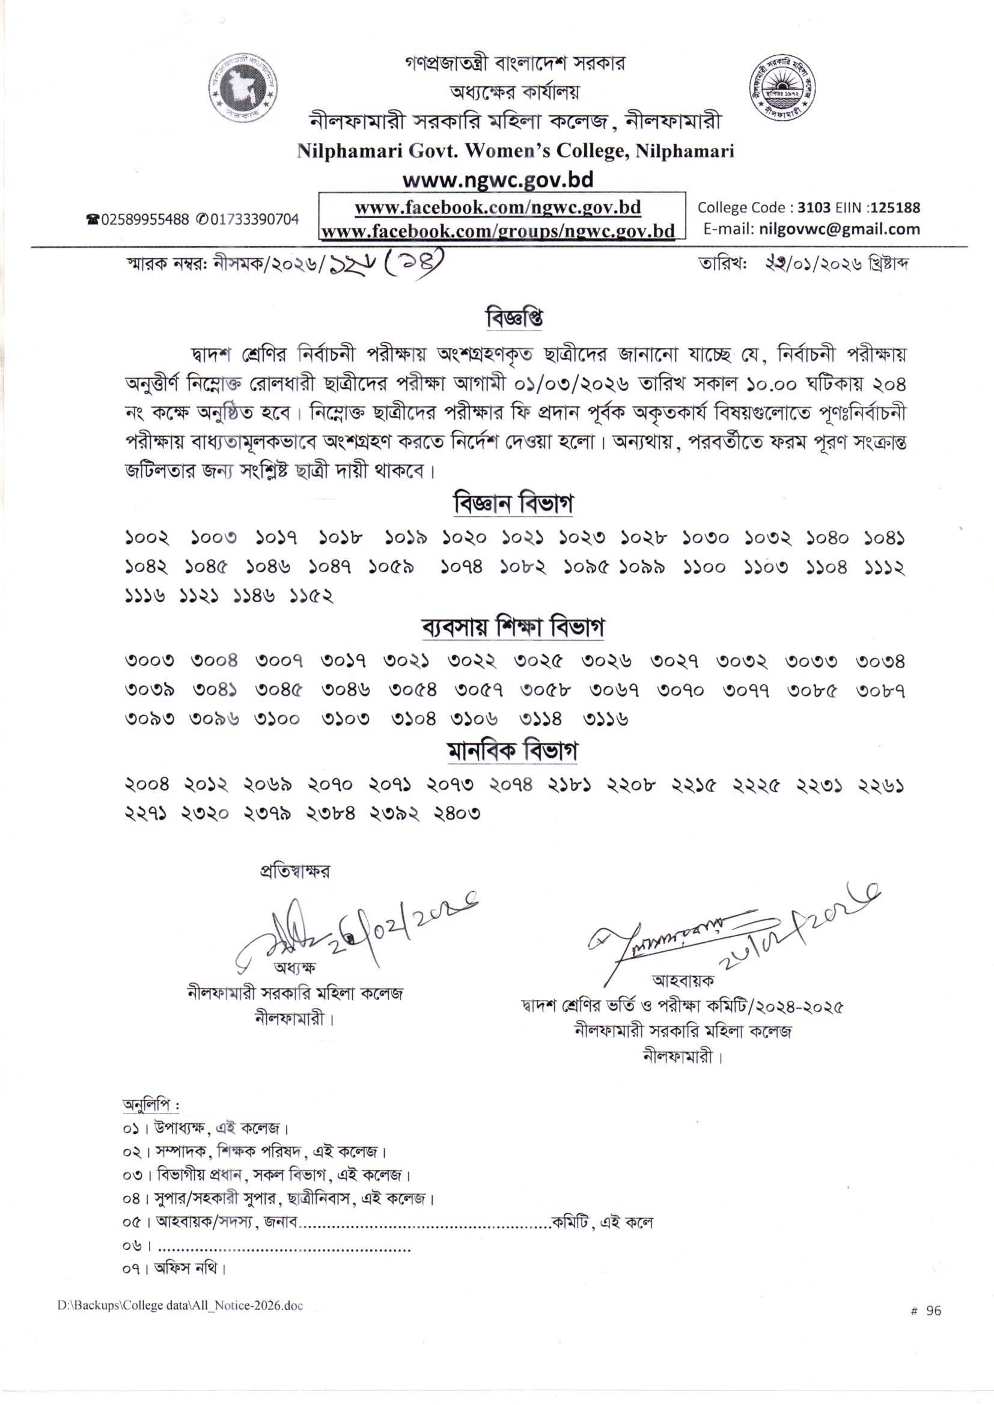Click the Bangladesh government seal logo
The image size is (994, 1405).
(x=242, y=90)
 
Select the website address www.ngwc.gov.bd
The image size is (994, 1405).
(x=497, y=180)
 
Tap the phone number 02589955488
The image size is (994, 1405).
(x=145, y=220)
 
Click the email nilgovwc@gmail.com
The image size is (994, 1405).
(x=839, y=230)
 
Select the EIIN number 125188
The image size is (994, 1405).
(x=895, y=207)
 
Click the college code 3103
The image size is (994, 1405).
(x=814, y=207)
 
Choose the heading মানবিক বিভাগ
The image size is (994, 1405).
(x=513, y=751)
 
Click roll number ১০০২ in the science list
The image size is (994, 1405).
(x=147, y=538)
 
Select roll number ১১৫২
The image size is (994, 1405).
(x=311, y=596)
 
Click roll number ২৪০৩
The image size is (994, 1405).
(x=457, y=814)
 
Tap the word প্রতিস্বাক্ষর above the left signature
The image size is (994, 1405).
(x=295, y=871)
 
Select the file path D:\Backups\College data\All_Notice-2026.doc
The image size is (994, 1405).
(x=180, y=1305)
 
